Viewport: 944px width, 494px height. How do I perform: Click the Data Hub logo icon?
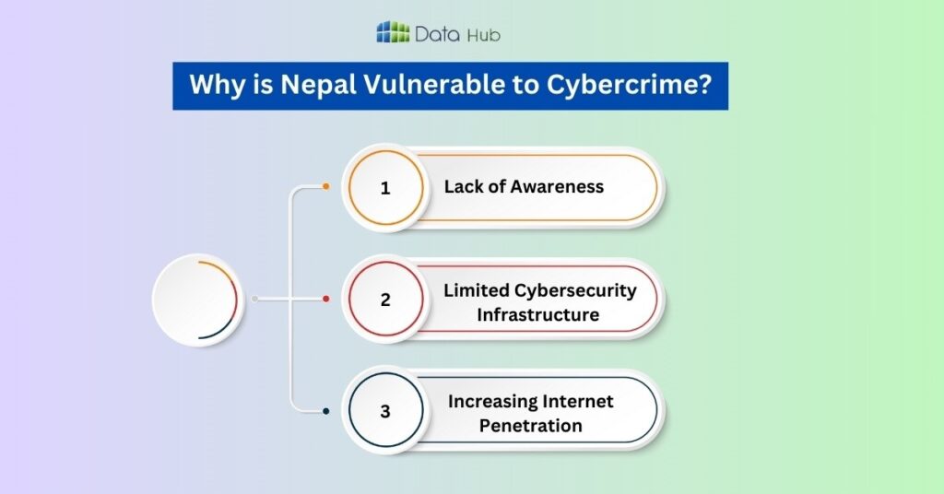[x=393, y=32]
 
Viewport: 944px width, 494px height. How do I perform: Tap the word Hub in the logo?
[x=483, y=36]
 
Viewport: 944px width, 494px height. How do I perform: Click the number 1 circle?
[x=385, y=187]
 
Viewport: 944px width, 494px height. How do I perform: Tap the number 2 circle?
[x=385, y=300]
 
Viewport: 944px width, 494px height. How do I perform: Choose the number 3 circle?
[x=385, y=411]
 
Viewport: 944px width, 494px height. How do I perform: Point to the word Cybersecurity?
[x=574, y=290]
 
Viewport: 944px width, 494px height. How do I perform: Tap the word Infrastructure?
[x=537, y=314]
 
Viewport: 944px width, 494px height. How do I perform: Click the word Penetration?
[x=530, y=426]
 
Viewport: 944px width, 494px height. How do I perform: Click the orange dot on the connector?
[x=325, y=187]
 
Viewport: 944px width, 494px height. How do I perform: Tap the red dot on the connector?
[x=325, y=300]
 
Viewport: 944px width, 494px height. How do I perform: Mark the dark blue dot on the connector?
[x=325, y=411]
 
